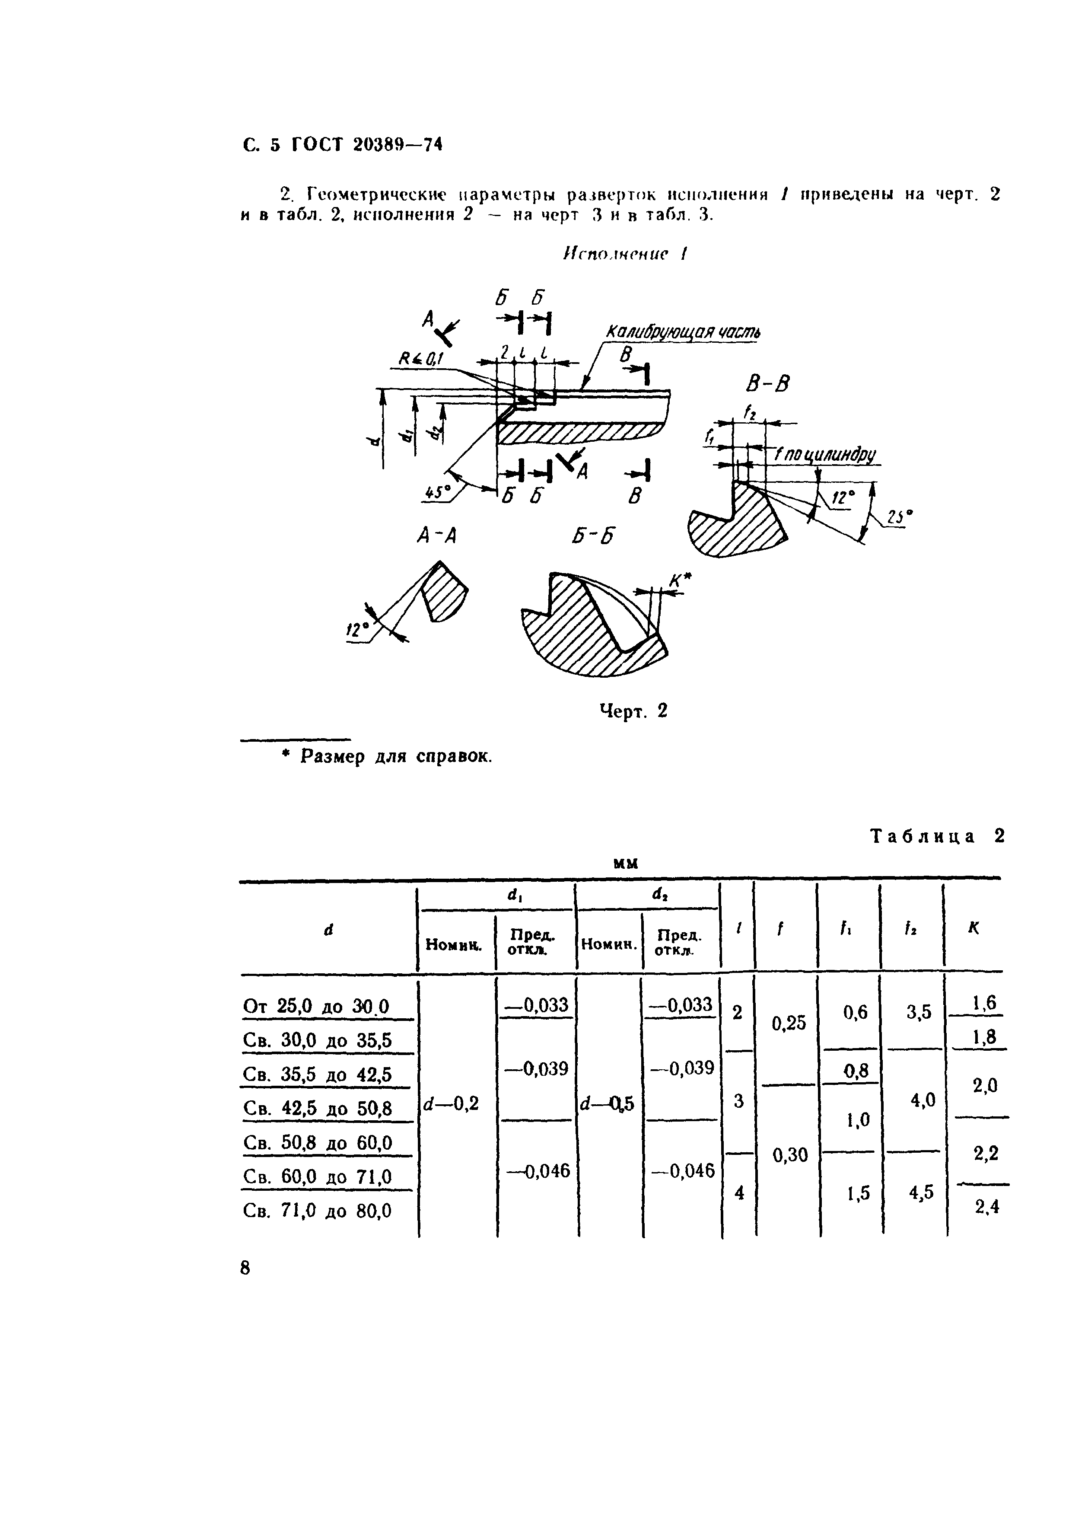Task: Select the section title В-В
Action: click(x=767, y=385)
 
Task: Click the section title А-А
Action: click(x=436, y=536)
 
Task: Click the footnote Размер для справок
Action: click(x=395, y=757)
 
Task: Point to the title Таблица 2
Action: click(x=937, y=836)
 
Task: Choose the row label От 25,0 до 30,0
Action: click(x=315, y=1006)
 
